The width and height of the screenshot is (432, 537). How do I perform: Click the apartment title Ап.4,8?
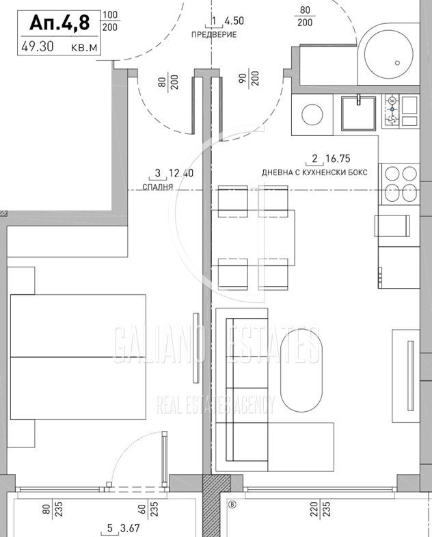point(59,23)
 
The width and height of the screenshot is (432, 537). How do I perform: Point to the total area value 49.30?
point(38,47)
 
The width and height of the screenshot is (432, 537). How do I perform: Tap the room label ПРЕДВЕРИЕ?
point(214,35)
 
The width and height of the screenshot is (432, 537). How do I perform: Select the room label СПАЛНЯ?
point(157,187)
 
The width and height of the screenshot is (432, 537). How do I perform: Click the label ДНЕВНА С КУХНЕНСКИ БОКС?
point(314,172)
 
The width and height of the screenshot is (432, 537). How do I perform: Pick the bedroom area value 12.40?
point(181,173)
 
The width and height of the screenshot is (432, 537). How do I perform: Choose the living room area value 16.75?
point(338,158)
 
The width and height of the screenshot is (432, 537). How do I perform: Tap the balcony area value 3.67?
point(130,528)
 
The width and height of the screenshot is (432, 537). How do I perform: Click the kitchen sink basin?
point(358,114)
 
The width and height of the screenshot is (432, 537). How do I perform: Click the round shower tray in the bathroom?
point(388,54)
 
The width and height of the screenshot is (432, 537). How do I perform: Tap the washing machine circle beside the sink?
point(312,114)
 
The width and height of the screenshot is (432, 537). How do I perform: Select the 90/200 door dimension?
point(249,79)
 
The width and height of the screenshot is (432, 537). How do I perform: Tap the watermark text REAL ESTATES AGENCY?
point(215,404)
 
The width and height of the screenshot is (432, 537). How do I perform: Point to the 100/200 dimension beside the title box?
point(110,21)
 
